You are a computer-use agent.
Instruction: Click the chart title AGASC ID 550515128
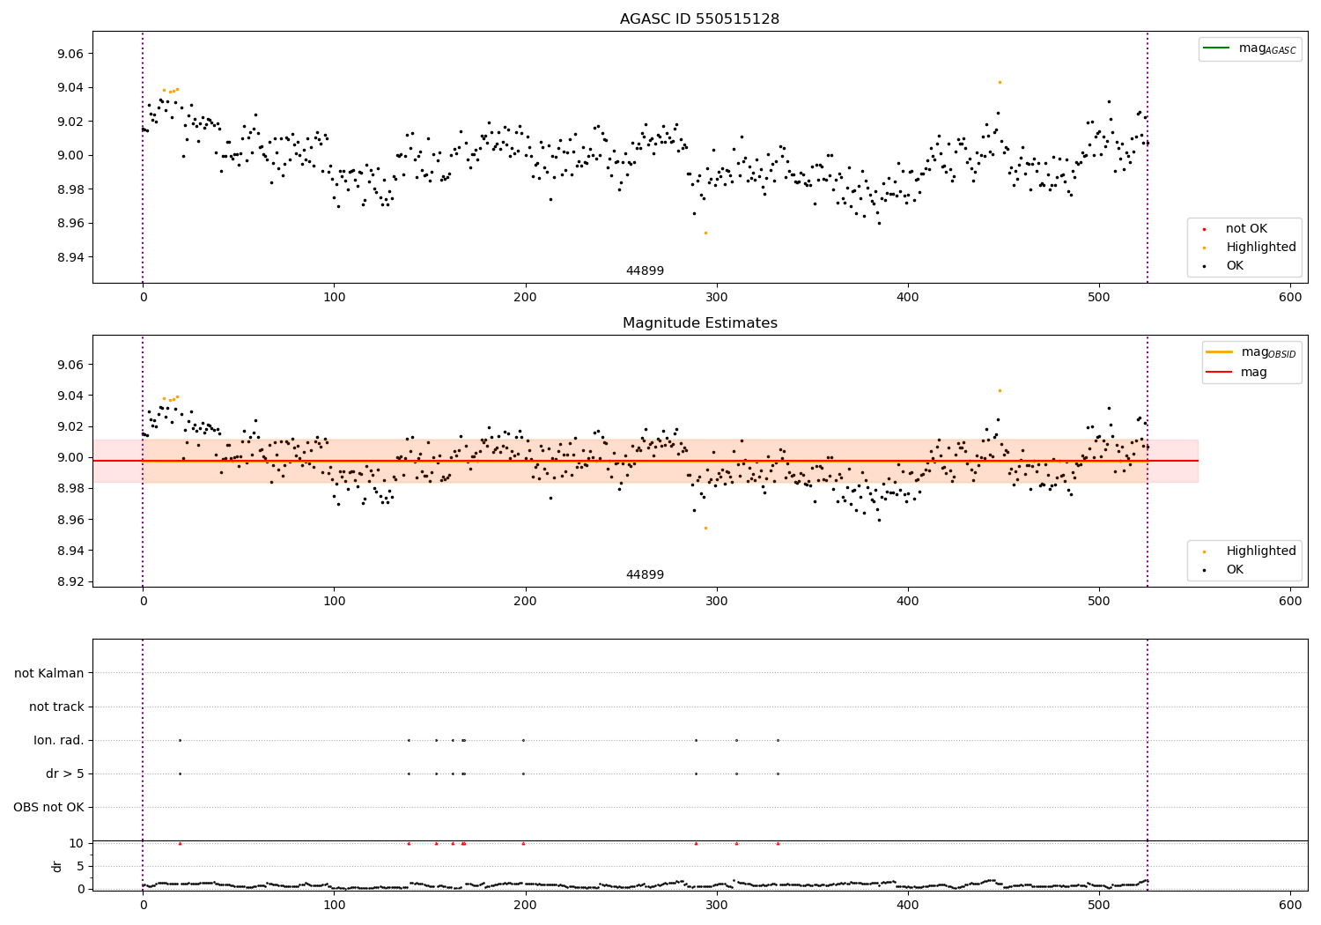[699, 19]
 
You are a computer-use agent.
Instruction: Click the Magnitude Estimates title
[699, 323]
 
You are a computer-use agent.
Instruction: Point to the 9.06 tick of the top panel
[70, 54]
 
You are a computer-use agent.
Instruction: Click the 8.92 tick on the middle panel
[70, 581]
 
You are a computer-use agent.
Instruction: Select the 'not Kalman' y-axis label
[49, 673]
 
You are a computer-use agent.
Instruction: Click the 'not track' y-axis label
[56, 707]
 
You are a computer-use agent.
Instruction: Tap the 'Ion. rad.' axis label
[59, 740]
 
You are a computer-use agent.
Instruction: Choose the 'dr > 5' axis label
[65, 773]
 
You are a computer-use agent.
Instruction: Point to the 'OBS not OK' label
[48, 807]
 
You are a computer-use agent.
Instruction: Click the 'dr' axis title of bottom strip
[57, 866]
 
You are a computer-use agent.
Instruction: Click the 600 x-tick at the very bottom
[1290, 905]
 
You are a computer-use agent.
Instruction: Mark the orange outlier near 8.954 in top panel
[705, 233]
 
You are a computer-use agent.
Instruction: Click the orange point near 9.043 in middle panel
[1000, 390]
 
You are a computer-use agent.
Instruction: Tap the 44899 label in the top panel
[645, 270]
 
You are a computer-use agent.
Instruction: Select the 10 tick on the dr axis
[76, 843]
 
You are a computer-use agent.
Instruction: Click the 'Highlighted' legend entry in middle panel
[1260, 551]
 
